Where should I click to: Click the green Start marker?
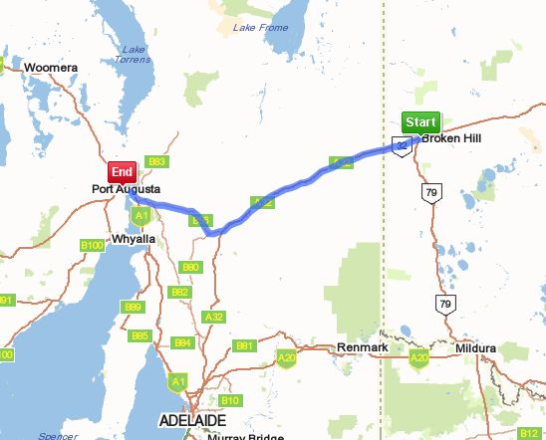point(419,122)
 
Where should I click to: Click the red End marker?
point(122,171)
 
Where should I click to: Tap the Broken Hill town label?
point(450,138)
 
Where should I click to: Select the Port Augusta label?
point(127,188)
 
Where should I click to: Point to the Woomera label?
point(51,68)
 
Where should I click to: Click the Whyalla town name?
point(134,239)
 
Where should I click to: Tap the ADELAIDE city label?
point(194,421)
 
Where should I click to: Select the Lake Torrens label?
point(135,56)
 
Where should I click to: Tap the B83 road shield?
point(155,161)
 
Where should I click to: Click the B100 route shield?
point(92,245)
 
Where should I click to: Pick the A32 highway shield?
point(214,316)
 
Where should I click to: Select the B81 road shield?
point(245,345)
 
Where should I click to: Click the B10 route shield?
point(230,400)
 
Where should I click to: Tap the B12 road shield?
point(529,434)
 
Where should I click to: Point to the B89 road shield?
point(133,308)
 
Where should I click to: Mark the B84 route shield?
point(182,342)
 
